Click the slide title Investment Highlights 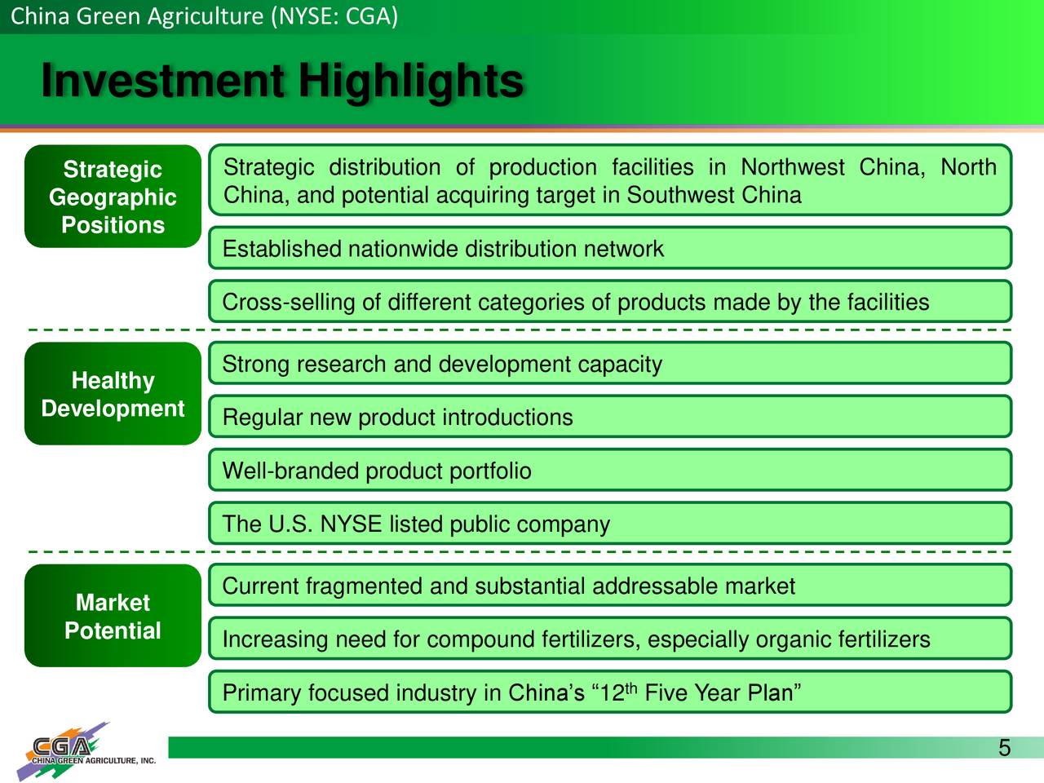point(282,81)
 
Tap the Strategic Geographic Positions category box point(113,197)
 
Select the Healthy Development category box point(113,394)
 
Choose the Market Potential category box point(113,616)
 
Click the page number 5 point(1005,748)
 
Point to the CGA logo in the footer point(86,750)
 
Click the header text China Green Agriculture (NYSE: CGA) point(204,16)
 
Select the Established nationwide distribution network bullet point(610,248)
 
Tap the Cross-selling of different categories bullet point(610,302)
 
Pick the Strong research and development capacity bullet point(610,363)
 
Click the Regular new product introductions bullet point(610,417)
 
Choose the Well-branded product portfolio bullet point(610,470)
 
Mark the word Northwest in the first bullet point(793,167)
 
